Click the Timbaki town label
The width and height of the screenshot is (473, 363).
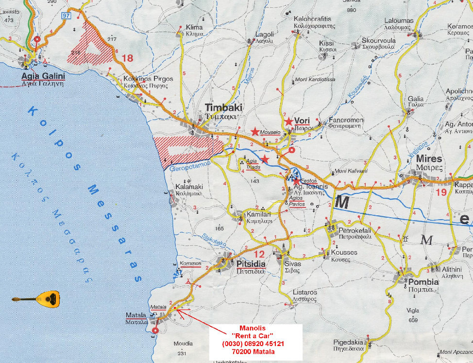tap(223, 107)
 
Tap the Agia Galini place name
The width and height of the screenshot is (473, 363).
tap(43, 76)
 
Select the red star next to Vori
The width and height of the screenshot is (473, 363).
tap(288, 121)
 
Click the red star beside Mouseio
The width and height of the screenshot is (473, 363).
tap(255, 132)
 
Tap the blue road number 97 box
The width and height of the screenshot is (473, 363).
tap(66, 16)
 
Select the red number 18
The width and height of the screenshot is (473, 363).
tap(127, 58)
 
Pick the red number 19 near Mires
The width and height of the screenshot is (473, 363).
tap(441, 192)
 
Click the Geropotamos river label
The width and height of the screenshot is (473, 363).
tap(189, 168)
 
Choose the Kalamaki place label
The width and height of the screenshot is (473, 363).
tap(189, 187)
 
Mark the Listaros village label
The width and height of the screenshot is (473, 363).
tap(305, 293)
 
